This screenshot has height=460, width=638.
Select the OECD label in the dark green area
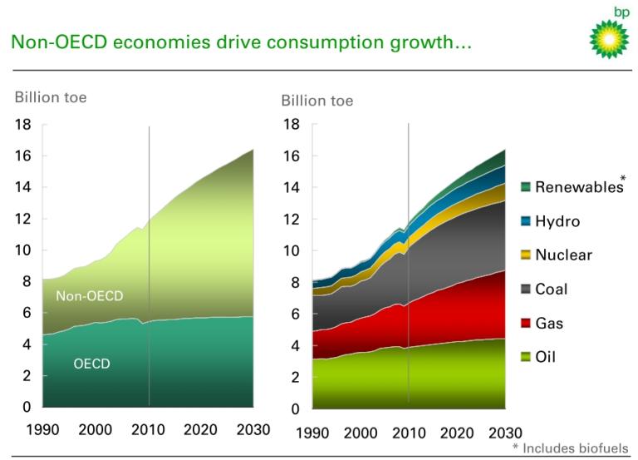coord(91,364)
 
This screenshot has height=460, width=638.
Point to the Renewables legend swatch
coord(527,187)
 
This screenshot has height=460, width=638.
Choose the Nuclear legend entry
coord(563,255)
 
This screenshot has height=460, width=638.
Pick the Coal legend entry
coord(552,289)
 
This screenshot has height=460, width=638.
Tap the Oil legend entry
coord(546,358)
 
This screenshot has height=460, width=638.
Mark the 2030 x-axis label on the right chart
coord(505,433)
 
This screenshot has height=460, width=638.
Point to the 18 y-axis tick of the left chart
coord(23,124)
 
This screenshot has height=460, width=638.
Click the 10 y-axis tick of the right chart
coord(290,250)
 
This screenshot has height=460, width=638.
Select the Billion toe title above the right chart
coord(317,101)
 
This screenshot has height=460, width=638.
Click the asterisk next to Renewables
coord(623,179)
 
